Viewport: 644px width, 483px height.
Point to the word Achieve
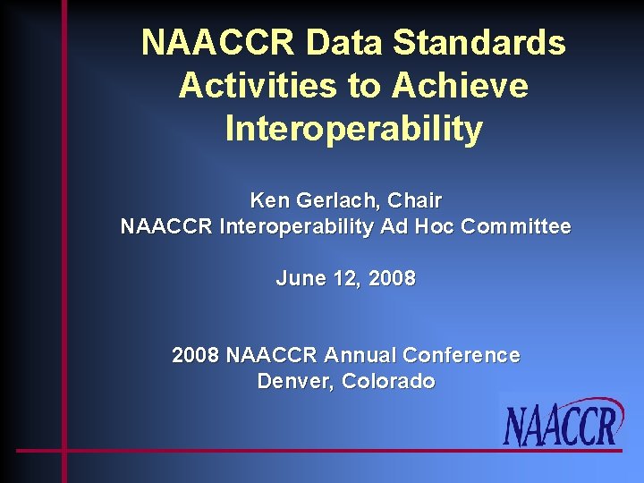click(460, 86)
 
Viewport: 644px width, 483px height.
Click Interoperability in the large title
click(353, 129)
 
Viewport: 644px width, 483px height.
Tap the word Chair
click(414, 199)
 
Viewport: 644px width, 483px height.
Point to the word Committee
click(515, 227)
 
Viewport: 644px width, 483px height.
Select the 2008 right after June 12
click(392, 278)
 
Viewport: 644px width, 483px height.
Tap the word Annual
click(360, 355)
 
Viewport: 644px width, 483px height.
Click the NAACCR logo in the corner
click(562, 423)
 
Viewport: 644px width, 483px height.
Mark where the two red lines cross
click(64, 450)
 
